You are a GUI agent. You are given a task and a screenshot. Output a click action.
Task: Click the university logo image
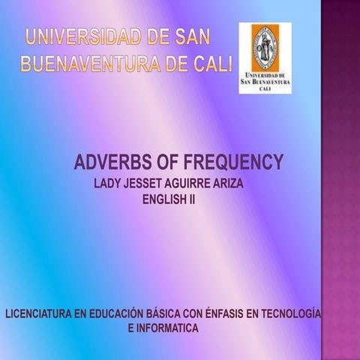pos(264,58)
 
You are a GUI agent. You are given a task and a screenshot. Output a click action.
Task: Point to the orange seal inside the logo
pos(264,46)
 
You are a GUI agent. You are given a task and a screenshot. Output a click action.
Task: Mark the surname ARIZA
pos(246,183)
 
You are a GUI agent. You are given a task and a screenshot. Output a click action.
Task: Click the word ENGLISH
pos(160,199)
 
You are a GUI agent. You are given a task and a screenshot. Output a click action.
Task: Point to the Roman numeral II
pos(190,199)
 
